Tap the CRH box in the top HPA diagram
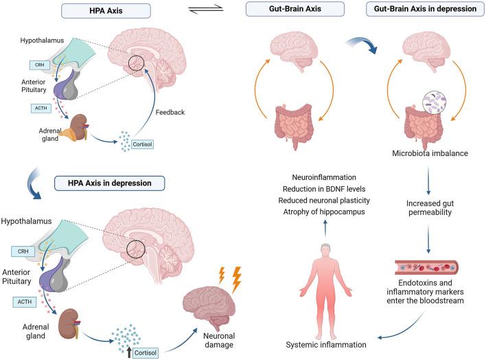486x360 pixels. [37, 65]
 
